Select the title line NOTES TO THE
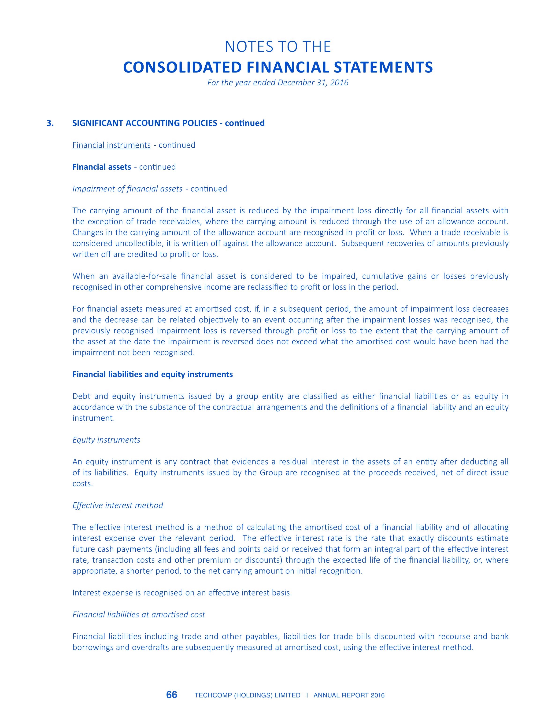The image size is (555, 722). pos(277,47)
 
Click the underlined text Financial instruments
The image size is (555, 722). pos(111,145)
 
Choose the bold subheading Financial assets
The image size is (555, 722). pos(102,167)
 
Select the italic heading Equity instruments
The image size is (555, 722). pos(106,440)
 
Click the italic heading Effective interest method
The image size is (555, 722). pos(118,505)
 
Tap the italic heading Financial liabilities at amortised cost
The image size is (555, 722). pos(139,614)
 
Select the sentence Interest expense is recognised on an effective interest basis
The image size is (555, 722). pos(182,593)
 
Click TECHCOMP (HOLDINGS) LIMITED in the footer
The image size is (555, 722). pos(248,695)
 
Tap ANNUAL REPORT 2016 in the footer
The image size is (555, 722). pos(349,695)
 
